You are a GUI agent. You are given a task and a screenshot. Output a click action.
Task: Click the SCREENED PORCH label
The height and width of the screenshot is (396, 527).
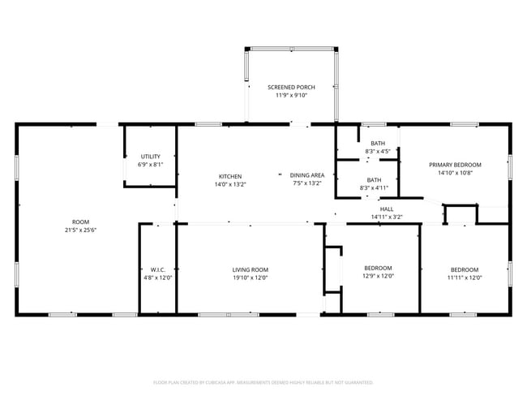(x=291, y=87)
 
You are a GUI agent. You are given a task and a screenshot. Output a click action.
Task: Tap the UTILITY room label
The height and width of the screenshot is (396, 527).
(x=150, y=157)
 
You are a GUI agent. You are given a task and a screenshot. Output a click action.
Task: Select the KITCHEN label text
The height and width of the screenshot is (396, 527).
(x=229, y=176)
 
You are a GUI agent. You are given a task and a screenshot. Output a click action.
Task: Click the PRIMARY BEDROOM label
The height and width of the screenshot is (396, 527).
(x=455, y=165)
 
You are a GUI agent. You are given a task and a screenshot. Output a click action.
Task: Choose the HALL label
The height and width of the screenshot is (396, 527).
(x=387, y=209)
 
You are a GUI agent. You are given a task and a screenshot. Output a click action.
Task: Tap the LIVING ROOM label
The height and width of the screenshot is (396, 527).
(x=250, y=269)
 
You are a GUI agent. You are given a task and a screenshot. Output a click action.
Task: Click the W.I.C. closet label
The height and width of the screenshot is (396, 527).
(x=158, y=269)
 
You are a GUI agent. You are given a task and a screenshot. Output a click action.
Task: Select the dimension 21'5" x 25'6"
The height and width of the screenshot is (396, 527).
(x=80, y=230)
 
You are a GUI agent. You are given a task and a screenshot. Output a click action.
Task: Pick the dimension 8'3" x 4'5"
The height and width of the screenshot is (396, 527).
(x=378, y=151)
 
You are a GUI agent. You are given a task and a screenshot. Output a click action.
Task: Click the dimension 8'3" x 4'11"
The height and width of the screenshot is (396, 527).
(x=374, y=188)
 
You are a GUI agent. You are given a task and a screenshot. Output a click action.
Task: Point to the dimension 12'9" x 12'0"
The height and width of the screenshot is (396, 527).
(x=378, y=277)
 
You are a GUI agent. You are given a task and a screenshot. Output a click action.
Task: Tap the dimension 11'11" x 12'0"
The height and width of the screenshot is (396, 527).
(x=465, y=278)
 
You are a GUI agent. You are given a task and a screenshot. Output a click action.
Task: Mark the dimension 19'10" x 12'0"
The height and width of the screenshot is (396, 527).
(x=250, y=278)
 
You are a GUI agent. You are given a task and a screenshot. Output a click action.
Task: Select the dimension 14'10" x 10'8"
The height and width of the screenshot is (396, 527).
(x=455, y=173)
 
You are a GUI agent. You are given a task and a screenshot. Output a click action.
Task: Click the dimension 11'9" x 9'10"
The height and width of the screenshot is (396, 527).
(x=291, y=95)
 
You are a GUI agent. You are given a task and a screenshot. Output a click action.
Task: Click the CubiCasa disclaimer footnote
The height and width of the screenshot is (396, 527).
(x=263, y=381)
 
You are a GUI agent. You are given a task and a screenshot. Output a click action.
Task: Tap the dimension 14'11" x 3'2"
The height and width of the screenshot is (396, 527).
(x=387, y=217)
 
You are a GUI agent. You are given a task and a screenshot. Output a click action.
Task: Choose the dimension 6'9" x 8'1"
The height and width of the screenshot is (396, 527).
(x=150, y=165)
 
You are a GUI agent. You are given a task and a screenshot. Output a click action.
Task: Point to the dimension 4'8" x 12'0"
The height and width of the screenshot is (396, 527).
(x=158, y=278)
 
